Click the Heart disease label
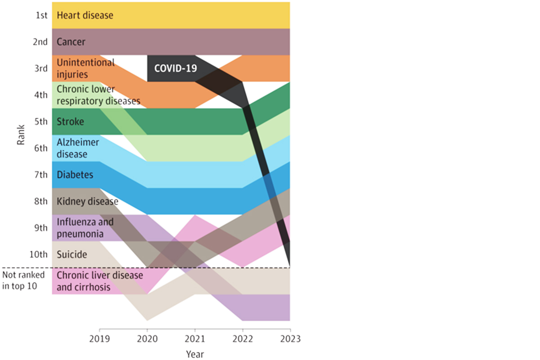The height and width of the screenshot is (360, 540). pos(85,15)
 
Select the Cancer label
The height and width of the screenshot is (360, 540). pos(71,42)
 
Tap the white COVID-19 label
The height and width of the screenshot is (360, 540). pos(176,68)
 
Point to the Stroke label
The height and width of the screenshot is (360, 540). pos(70,121)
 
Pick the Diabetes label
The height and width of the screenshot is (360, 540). pos(75,175)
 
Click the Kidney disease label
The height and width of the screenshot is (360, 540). pos(87,201)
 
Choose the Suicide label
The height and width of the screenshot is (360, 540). pos(72,255)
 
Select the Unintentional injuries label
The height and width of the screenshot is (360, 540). pos(85,68)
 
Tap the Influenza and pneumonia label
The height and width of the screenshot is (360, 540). pos(85,228)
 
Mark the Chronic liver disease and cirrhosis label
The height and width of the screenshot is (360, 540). pos(99,281)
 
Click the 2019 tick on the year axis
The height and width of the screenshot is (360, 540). pos(99,338)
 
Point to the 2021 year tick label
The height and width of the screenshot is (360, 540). pos(194,338)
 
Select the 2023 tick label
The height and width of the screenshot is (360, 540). pos(290,338)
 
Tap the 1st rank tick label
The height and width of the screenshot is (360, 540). pos(41,15)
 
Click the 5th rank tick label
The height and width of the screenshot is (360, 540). pos(41,121)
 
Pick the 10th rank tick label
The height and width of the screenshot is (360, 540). pos(39,255)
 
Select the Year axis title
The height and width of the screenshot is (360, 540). pos(195,354)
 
